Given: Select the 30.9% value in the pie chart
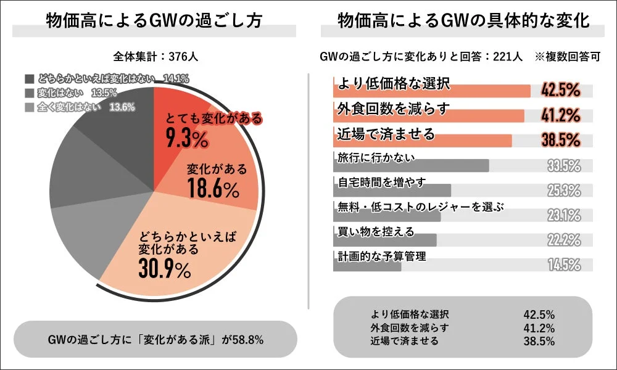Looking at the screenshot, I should (165, 269).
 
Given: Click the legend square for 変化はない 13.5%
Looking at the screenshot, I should (30, 92).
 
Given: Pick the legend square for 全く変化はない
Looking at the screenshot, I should (30, 107).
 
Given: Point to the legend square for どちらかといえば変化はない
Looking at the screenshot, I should (30, 79).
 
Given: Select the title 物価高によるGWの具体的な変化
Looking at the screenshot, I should (463, 20).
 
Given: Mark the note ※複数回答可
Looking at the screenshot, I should (568, 57).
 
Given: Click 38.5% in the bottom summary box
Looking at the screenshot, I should (539, 341).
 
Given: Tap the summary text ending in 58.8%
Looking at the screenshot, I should (155, 339).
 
